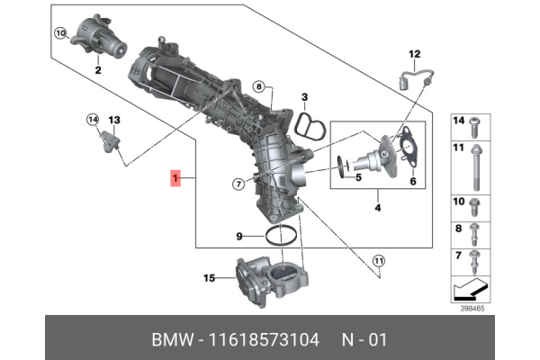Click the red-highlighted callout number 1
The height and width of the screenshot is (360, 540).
[x=176, y=180]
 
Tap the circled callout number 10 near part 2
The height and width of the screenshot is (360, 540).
[x=60, y=34]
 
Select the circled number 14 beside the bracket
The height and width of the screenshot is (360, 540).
[x=92, y=119]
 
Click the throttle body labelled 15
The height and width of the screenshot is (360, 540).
[x=271, y=281]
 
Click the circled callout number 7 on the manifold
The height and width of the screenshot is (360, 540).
[x=238, y=184]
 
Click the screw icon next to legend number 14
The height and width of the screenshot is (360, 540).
[x=475, y=122]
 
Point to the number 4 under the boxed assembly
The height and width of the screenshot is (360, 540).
[x=378, y=209]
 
